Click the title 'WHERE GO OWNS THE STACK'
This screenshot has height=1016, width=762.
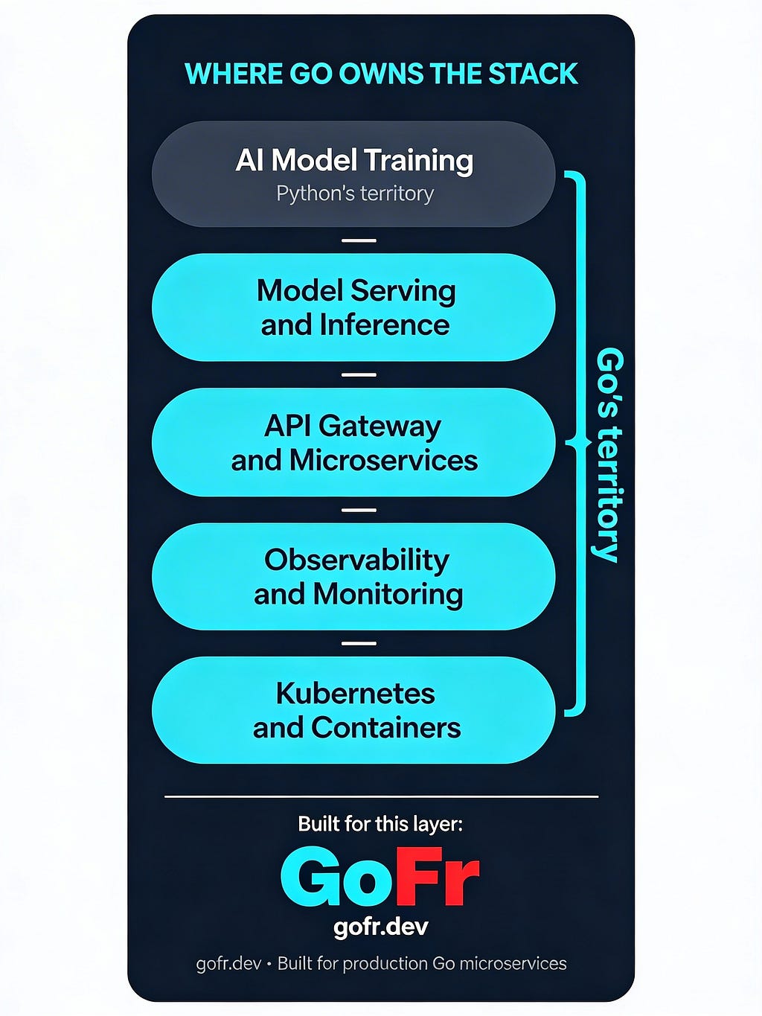[381, 74]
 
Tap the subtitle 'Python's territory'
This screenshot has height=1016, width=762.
[355, 194]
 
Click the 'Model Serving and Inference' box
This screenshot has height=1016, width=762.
[353, 307]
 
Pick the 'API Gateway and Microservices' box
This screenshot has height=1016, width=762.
[353, 442]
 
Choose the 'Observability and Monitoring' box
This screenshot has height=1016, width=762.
[353, 577]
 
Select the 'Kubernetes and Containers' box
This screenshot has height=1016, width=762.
[353, 710]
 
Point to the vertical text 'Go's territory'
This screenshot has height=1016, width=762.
[609, 454]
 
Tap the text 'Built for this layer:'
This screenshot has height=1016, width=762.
[380, 824]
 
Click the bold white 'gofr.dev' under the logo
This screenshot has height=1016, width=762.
[380, 927]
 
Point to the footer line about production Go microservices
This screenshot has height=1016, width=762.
[381, 964]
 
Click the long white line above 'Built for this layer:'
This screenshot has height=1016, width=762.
[381, 796]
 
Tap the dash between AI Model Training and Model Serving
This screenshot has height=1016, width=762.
[359, 240]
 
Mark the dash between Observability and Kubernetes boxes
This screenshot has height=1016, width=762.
[359, 643]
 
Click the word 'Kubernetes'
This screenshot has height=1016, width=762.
[356, 693]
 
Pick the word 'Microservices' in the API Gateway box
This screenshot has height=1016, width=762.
[383, 461]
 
